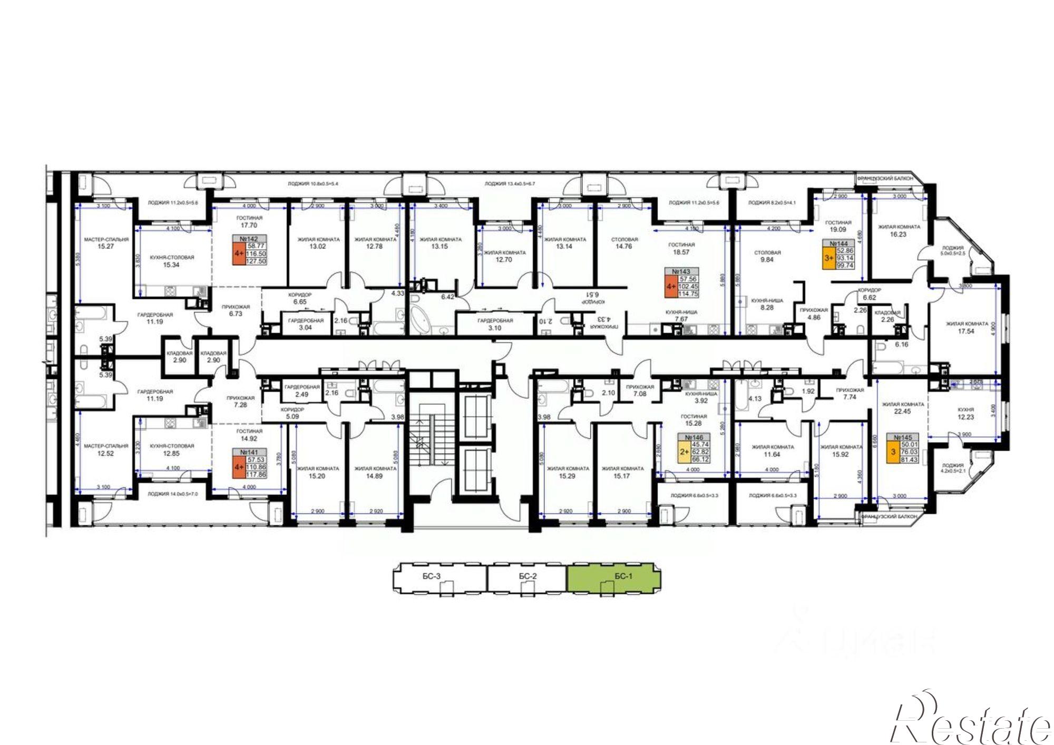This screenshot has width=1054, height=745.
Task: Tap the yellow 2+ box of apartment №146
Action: tap(684, 452)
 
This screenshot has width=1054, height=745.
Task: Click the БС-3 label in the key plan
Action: tap(431, 576)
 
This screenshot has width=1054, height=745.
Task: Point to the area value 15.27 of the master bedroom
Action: tap(106, 246)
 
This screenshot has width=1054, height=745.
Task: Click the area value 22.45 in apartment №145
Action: tap(902, 411)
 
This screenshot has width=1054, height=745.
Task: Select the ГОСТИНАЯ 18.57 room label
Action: tap(681, 249)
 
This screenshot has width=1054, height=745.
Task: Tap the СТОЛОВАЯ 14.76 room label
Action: tap(624, 243)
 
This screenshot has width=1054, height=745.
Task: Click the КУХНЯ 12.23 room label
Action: tap(965, 413)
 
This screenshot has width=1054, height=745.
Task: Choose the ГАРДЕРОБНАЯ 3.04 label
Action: tap(305, 324)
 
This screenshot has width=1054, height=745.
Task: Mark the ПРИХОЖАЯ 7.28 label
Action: tap(240, 401)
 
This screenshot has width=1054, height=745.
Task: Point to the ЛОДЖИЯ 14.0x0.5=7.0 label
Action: tap(173, 494)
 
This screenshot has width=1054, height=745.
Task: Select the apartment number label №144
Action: tap(838, 243)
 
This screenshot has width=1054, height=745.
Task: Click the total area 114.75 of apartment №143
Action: tap(688, 294)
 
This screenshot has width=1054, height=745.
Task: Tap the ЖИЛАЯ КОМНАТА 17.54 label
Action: tap(967, 328)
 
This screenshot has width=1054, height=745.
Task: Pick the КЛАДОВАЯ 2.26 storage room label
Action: tap(887, 316)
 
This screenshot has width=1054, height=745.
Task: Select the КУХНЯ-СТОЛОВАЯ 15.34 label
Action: tap(172, 261)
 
